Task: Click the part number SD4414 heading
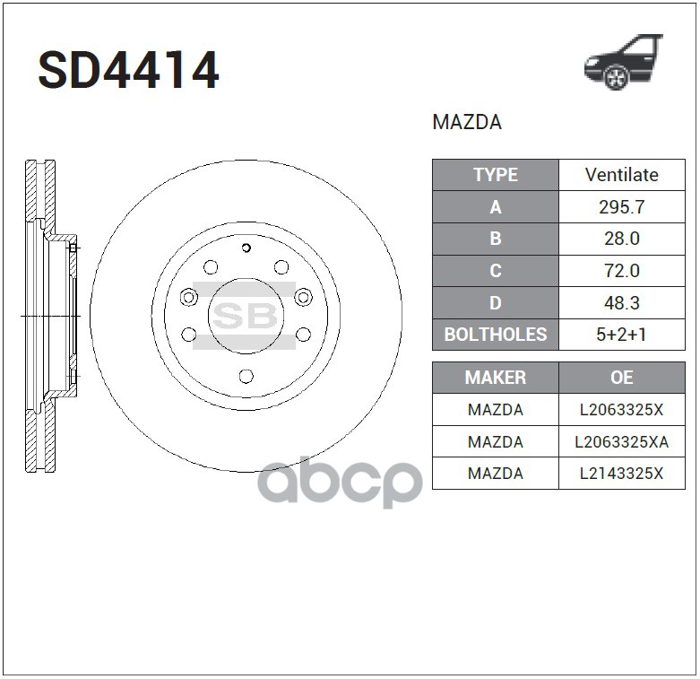pyautogui.click(x=128, y=72)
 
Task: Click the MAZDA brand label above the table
pyautogui.click(x=467, y=123)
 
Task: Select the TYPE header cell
pyautogui.click(x=495, y=175)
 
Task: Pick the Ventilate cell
pyautogui.click(x=621, y=175)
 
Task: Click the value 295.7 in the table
pyautogui.click(x=621, y=207)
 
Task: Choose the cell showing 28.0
pyautogui.click(x=621, y=239)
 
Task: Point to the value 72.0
pyautogui.click(x=621, y=271)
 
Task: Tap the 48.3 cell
pyautogui.click(x=621, y=302)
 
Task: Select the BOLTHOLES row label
pyautogui.click(x=495, y=335)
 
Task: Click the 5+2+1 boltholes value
pyautogui.click(x=621, y=335)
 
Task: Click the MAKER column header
pyautogui.click(x=495, y=378)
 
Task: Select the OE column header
pyautogui.click(x=621, y=378)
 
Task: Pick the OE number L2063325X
pyautogui.click(x=621, y=410)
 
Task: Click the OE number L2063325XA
pyautogui.click(x=621, y=441)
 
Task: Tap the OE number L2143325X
pyautogui.click(x=621, y=473)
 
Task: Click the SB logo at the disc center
pyautogui.click(x=245, y=316)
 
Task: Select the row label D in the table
pyautogui.click(x=495, y=302)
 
